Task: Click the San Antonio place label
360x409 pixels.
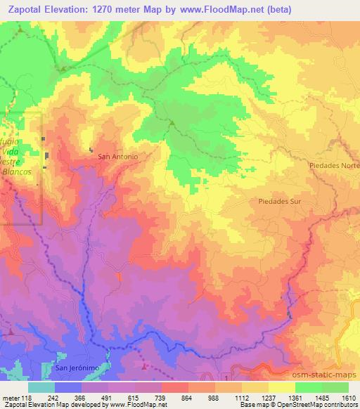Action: pos(117,156)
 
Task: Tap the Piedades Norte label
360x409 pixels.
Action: pos(333,164)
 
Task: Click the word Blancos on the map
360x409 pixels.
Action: pos(18,171)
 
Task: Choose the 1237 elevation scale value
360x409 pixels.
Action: pos(269,397)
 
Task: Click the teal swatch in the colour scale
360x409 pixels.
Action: pos(41,387)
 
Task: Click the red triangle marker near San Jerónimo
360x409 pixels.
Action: pos(145,366)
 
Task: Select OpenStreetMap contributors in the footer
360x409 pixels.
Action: pos(322,405)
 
